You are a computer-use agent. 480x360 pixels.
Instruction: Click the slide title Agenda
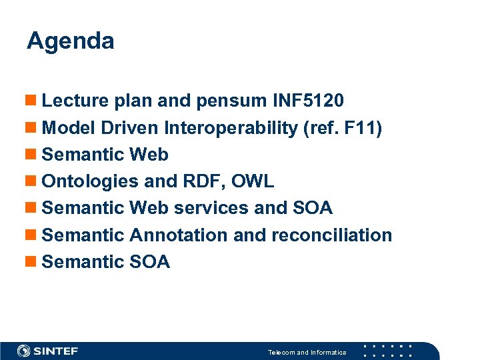coord(71,41)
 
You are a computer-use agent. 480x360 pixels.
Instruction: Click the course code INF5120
coord(309,101)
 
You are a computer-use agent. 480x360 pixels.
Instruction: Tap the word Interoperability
coord(231,128)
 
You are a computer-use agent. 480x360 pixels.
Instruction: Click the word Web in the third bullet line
coord(149,155)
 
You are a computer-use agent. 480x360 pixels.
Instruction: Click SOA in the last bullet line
coord(150,262)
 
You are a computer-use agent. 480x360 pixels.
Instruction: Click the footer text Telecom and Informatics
coord(307,352)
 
